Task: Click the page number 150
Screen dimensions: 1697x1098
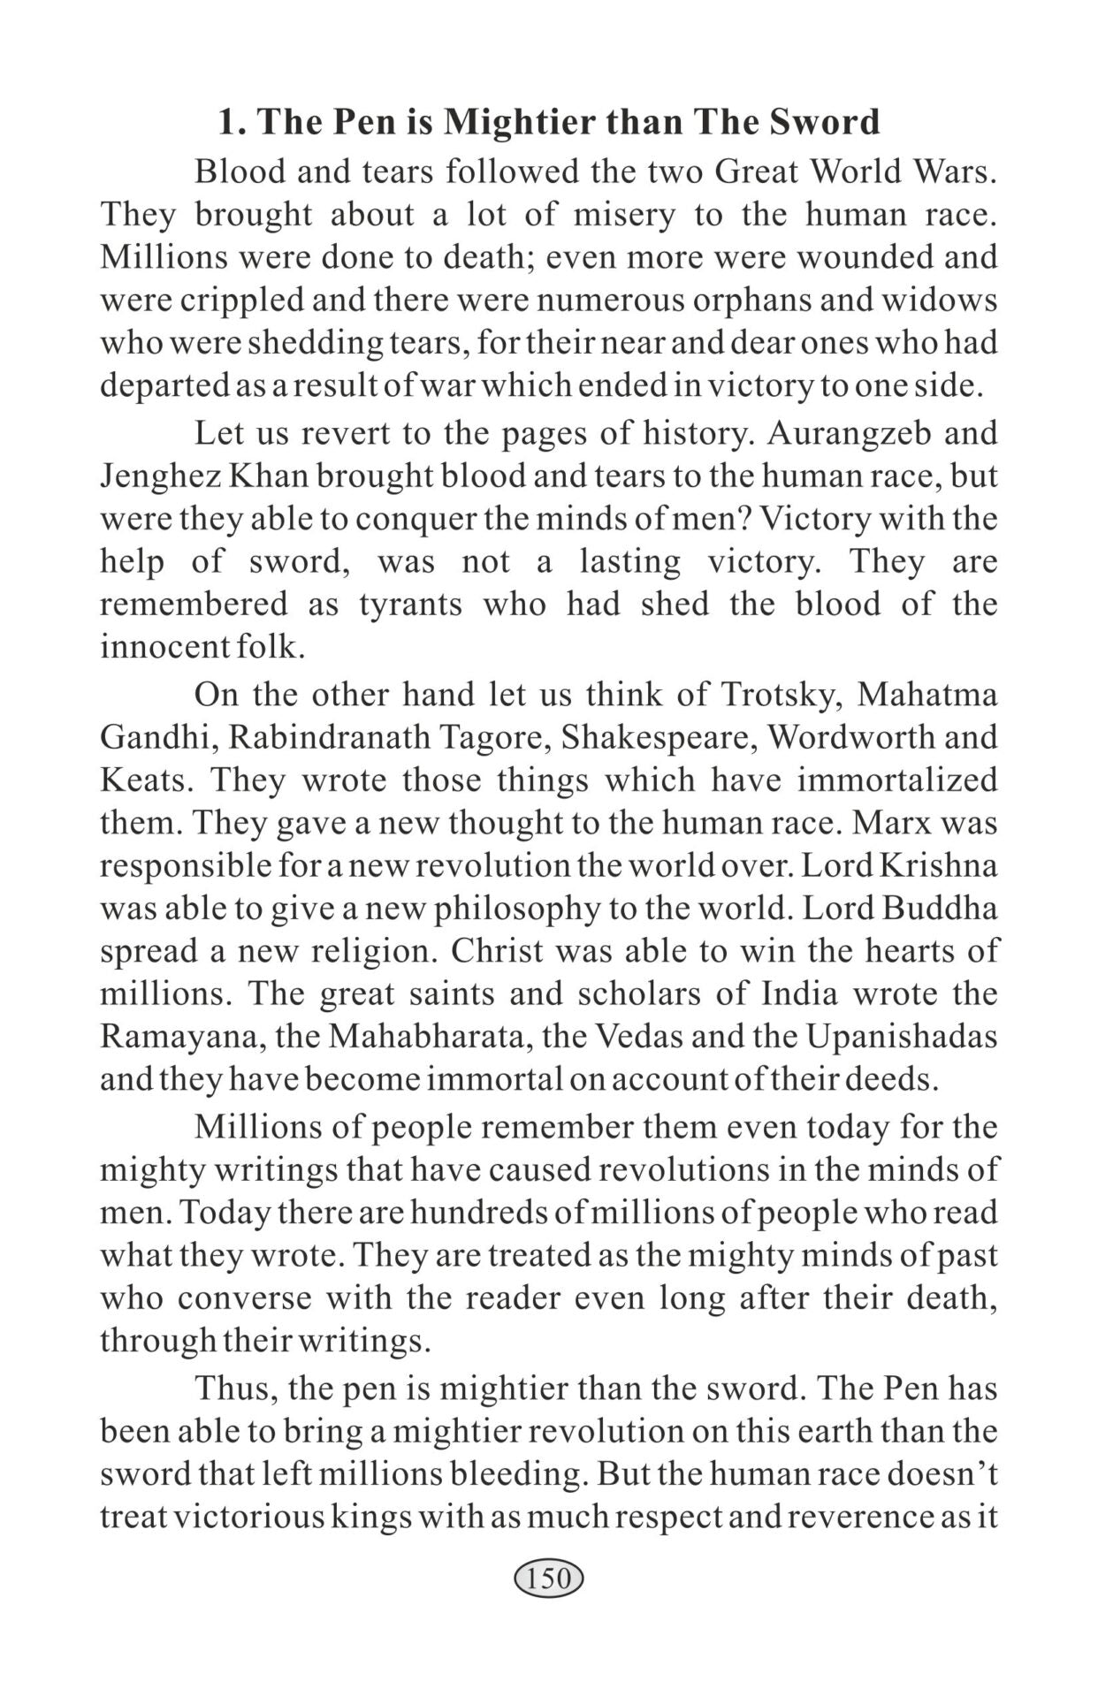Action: click(x=548, y=1578)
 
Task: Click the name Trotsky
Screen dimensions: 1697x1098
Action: click(x=776, y=695)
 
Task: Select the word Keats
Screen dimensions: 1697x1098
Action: click(x=143, y=780)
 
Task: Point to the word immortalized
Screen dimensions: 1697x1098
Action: click(x=897, y=780)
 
